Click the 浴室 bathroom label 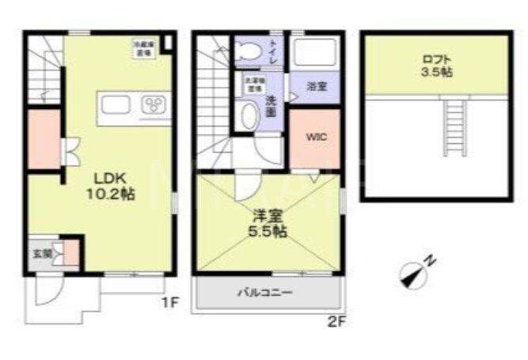pyautogui.click(x=316, y=86)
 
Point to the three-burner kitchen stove pyautogui.click(x=154, y=105)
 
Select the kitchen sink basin pyautogui.click(x=116, y=105)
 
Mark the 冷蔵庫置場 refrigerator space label pyautogui.click(x=143, y=47)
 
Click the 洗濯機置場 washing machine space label pyautogui.click(x=253, y=85)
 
